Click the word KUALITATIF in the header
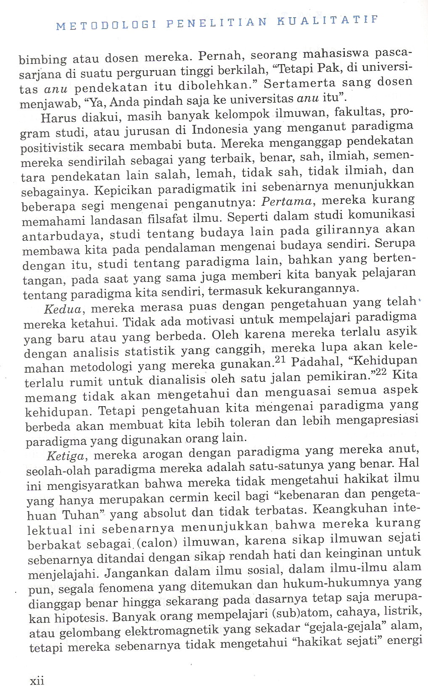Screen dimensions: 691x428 (x=328, y=21)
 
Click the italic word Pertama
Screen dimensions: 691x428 (x=287, y=202)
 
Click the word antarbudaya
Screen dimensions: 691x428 (x=58, y=236)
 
